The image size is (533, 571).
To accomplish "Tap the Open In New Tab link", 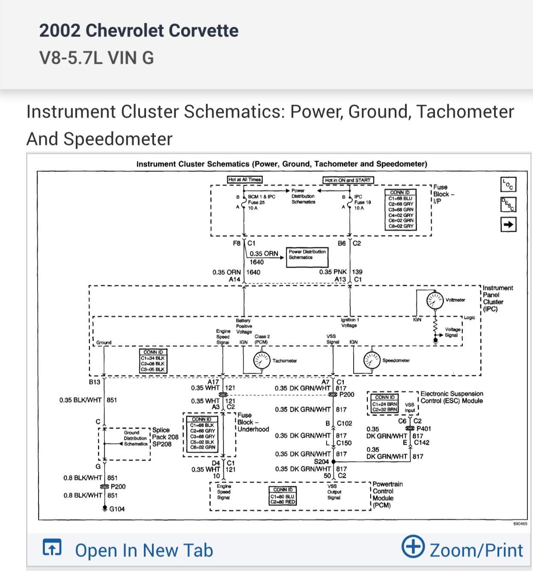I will click(128, 550).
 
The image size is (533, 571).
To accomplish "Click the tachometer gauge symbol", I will click(261, 361).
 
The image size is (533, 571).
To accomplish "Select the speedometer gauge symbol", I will click(372, 361).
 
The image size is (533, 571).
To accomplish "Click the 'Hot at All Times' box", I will click(244, 179).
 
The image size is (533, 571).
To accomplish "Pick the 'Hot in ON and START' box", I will click(348, 180).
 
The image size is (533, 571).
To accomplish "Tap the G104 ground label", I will click(117, 509).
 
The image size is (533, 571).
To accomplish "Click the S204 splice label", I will click(322, 461).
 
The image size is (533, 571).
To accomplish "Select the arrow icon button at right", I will click(508, 224).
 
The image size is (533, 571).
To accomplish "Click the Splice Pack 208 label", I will click(165, 437).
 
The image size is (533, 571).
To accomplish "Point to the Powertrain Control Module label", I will click(387, 494).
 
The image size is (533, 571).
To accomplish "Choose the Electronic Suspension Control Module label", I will click(451, 397).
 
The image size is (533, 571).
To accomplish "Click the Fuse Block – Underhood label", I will click(253, 422).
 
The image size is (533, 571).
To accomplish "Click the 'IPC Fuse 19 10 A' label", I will click(362, 202).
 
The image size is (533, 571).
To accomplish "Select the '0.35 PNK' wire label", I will click(333, 272).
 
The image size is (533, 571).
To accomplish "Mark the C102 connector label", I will click(344, 423).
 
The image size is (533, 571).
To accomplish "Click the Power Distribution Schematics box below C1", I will click(307, 254).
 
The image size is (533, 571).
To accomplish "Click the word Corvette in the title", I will click(203, 31).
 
